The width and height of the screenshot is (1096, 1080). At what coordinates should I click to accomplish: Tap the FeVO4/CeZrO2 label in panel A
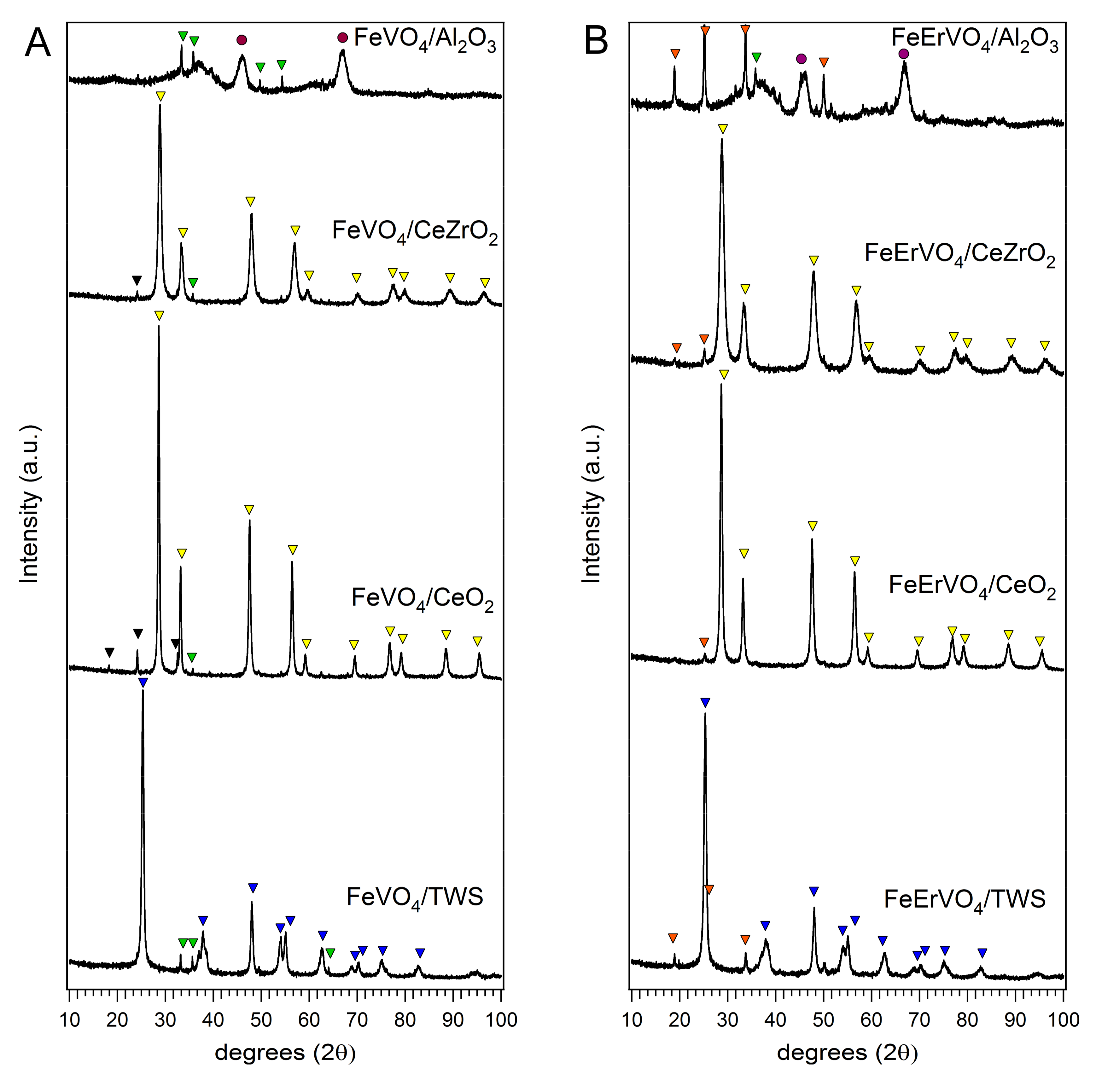click(415, 234)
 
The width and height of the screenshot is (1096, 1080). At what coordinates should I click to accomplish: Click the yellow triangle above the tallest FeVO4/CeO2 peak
click(159, 315)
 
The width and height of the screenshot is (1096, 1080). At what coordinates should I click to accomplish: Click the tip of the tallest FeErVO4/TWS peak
click(705, 714)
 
